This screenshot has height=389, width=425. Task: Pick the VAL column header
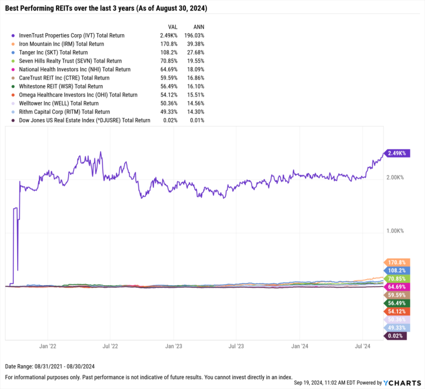172,26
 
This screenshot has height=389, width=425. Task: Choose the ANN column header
196,26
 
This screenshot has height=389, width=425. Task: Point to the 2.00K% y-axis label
395,178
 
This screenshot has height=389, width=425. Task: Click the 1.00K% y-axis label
395,231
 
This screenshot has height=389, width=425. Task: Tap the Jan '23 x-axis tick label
174,346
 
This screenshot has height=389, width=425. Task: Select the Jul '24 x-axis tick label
362,346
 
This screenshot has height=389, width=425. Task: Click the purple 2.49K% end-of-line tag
397,153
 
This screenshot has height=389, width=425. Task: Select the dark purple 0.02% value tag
395,336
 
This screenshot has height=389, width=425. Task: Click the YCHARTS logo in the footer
401,382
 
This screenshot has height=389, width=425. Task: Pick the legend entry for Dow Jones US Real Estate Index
84,120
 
